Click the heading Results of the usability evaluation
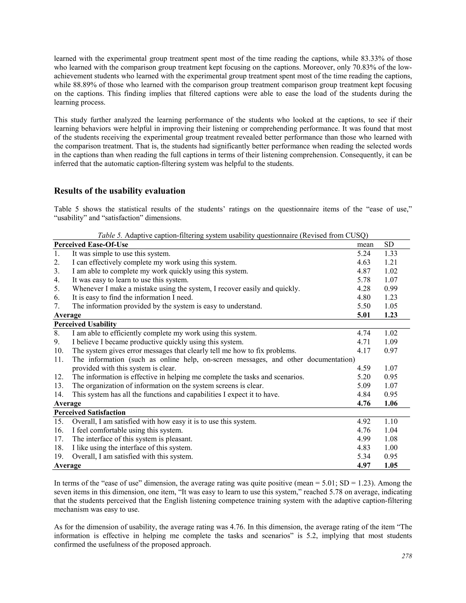point(119,191)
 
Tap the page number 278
point(407,556)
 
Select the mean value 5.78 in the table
point(364,280)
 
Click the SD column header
point(389,244)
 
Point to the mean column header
point(365,244)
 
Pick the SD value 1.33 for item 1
point(391,253)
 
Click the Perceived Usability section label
point(85,324)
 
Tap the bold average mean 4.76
point(364,403)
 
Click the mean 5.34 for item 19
point(364,456)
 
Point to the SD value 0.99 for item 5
point(391,289)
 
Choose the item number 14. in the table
point(58,394)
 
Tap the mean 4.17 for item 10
point(364,351)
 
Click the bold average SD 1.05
point(391,465)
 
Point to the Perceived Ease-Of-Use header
point(91,245)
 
